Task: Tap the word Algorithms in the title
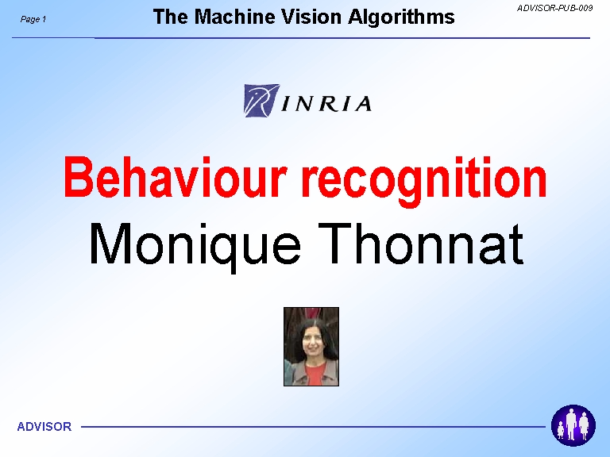(401, 17)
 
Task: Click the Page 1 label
(33, 19)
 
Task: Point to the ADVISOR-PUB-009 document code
(554, 8)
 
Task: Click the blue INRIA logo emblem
(261, 101)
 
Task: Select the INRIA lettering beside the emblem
(326, 104)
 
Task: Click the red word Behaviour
(176, 177)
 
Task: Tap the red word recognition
(424, 181)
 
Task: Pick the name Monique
(195, 246)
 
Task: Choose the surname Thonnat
(421, 244)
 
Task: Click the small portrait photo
(311, 347)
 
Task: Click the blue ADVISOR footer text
(44, 427)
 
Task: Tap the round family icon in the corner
(573, 425)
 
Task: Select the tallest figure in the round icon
(571, 424)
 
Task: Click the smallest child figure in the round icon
(561, 431)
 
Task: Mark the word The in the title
(171, 17)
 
